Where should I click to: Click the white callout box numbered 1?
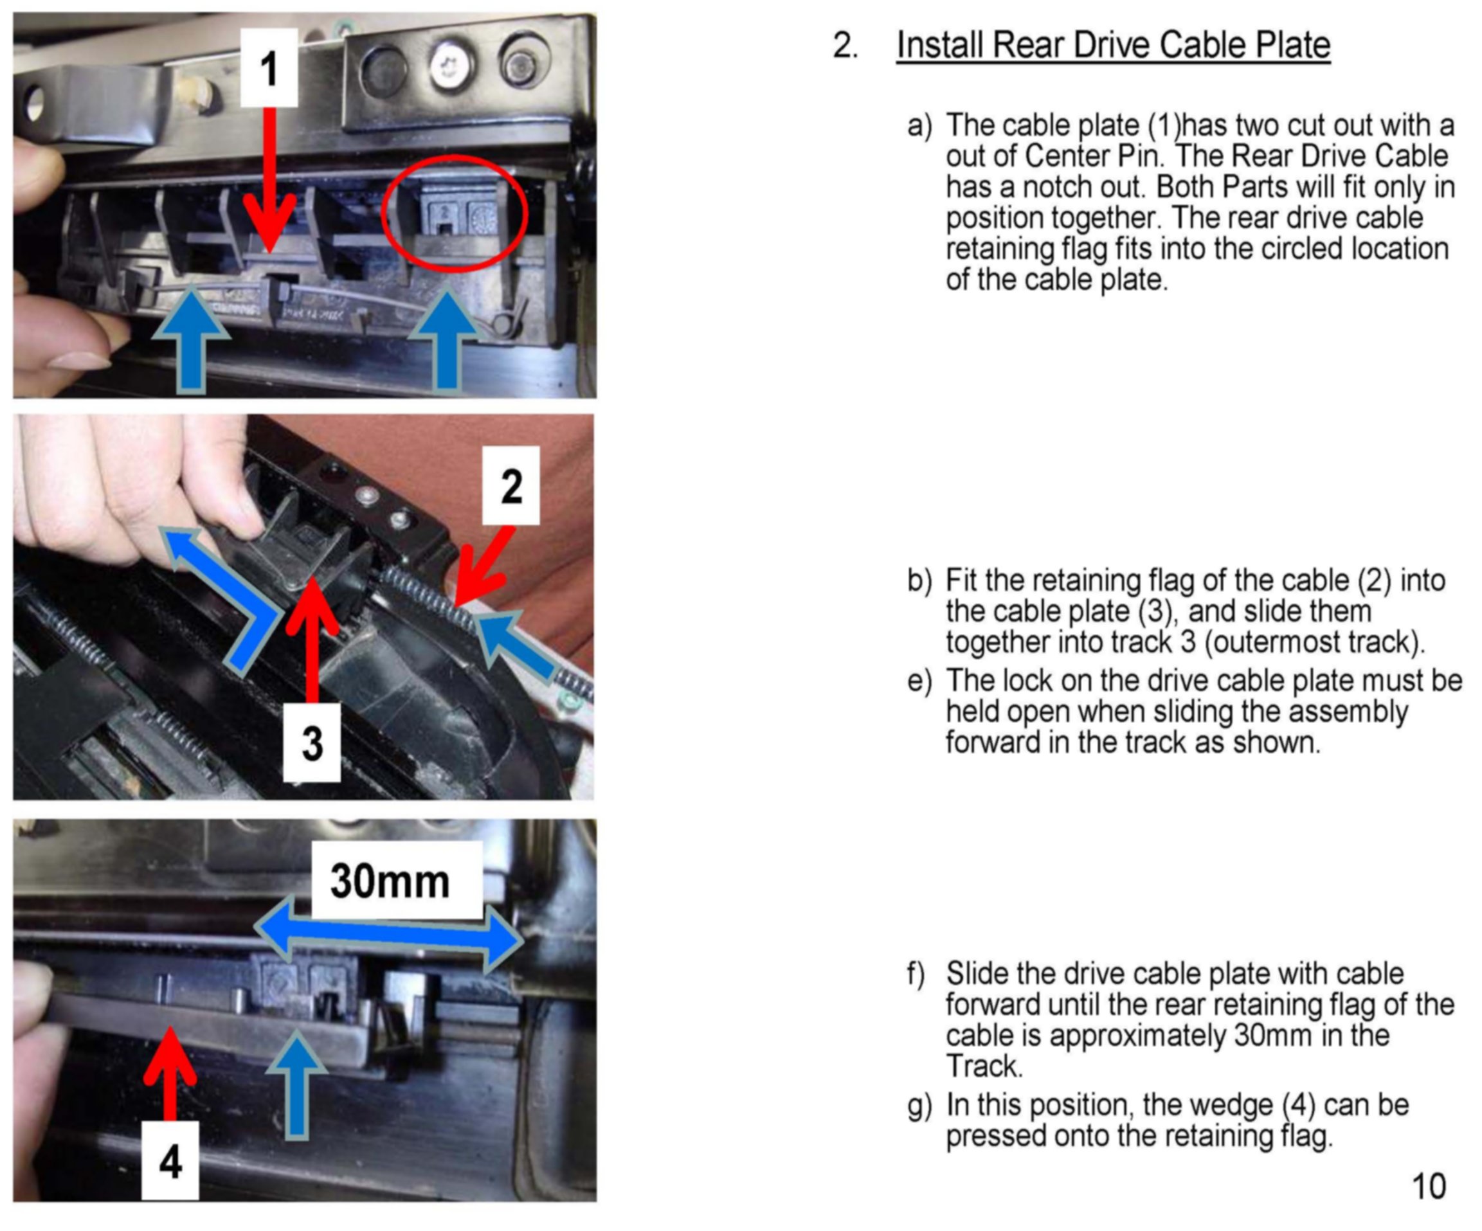pos(269,67)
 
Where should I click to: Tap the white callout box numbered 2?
pos(511,485)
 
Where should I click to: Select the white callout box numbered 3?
pos(311,743)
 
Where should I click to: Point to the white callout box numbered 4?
pos(170,1161)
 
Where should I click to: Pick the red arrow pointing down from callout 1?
pos(269,180)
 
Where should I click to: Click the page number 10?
pos(1429,1187)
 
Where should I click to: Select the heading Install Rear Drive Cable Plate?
pos(1113,45)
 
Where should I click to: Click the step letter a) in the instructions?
pos(919,125)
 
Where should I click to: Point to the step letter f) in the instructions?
pos(916,973)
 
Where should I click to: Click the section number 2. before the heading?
pos(845,46)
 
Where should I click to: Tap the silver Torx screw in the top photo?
pos(453,67)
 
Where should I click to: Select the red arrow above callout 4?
pos(169,1073)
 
